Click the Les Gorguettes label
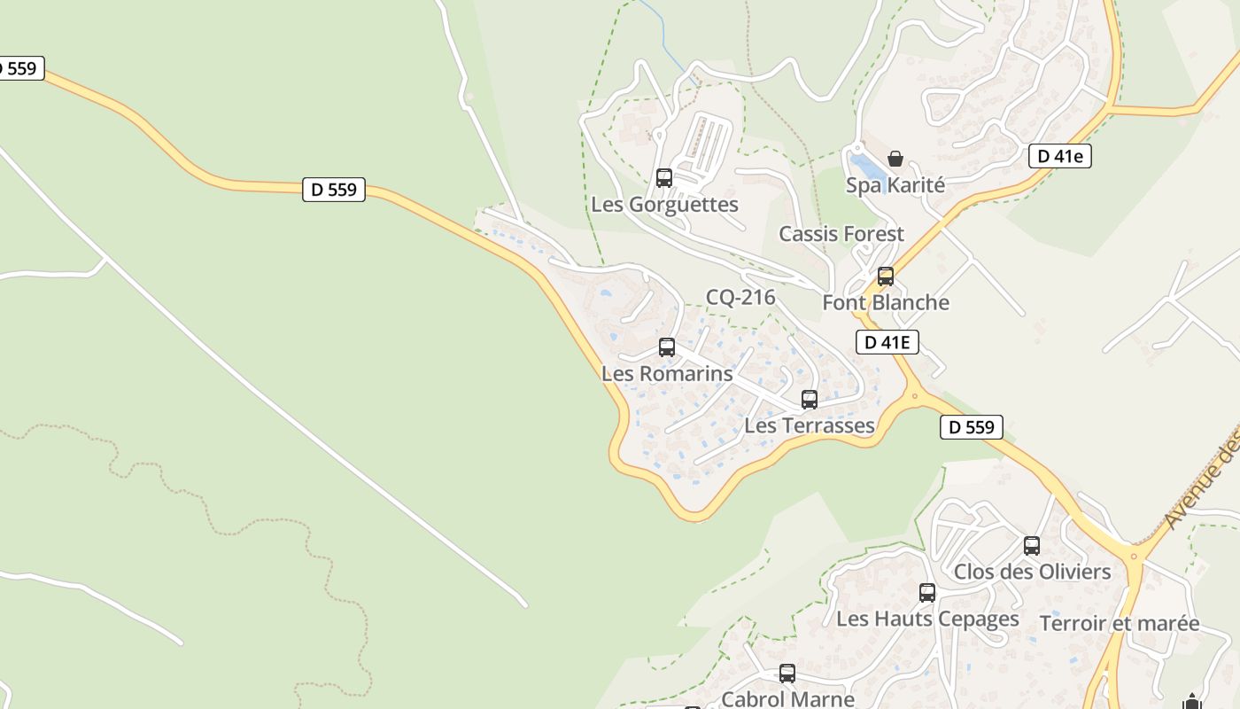(x=664, y=205)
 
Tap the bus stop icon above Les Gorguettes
(x=664, y=178)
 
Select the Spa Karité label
(x=895, y=185)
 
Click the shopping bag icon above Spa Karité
(x=895, y=159)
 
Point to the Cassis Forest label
(x=841, y=234)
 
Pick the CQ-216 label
(x=740, y=297)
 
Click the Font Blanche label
(x=885, y=302)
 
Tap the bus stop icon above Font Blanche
(x=885, y=277)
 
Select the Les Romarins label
(x=667, y=373)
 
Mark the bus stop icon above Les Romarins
(x=667, y=347)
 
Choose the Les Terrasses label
(x=810, y=425)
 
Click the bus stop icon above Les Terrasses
(x=810, y=400)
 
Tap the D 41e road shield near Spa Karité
(x=1059, y=157)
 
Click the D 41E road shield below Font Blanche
(x=887, y=342)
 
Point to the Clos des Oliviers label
(x=1032, y=572)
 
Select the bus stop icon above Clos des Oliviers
(x=1032, y=546)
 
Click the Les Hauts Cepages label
(x=927, y=619)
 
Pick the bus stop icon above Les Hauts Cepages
(x=927, y=593)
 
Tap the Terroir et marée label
(x=1120, y=623)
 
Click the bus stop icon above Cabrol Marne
(x=787, y=674)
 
